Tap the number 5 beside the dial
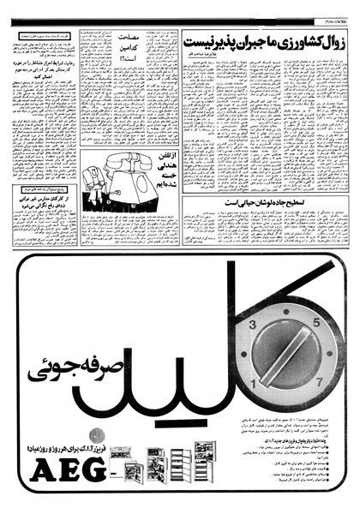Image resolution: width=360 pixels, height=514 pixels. pyautogui.click(x=315, y=322)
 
